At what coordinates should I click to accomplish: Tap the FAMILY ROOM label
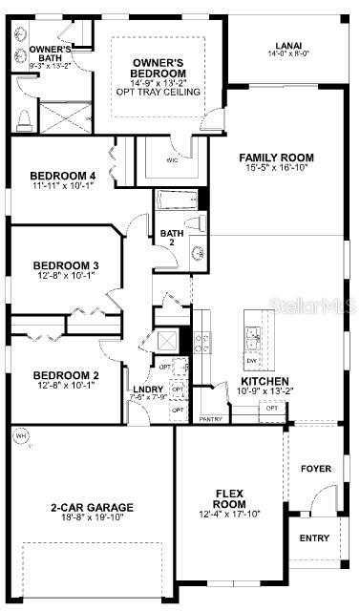[x=276, y=158]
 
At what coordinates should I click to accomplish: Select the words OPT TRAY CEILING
[x=158, y=92]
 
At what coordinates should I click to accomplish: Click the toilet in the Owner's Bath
[x=24, y=120]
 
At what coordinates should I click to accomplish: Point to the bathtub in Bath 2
[x=177, y=201]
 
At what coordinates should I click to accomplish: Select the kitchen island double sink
[x=252, y=335]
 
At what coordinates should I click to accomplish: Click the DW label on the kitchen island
[x=251, y=361]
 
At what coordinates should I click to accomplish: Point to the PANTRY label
[x=209, y=418]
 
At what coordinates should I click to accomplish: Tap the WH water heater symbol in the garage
[x=20, y=435]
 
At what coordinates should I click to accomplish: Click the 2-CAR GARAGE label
[x=91, y=507]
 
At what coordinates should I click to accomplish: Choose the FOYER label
[x=315, y=469]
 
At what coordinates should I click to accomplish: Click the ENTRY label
[x=314, y=538]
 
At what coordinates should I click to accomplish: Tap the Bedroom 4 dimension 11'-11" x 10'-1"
[x=63, y=187]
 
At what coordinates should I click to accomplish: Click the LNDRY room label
[x=148, y=390]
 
